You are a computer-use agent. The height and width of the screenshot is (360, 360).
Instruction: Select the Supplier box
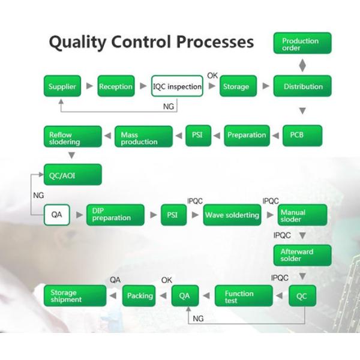click(x=62, y=86)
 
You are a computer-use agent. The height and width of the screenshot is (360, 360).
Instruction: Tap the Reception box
click(x=115, y=86)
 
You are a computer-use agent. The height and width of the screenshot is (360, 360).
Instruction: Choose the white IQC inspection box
click(x=176, y=86)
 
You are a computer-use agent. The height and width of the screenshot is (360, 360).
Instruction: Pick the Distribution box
click(x=302, y=86)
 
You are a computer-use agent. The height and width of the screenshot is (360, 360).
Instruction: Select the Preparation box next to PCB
click(x=246, y=135)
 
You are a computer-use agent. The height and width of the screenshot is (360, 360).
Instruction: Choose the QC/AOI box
click(x=73, y=175)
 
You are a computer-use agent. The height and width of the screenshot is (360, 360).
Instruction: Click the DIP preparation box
click(x=115, y=215)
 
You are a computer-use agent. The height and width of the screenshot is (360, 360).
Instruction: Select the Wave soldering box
click(x=232, y=215)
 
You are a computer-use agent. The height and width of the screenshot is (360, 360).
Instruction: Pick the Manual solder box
click(x=302, y=215)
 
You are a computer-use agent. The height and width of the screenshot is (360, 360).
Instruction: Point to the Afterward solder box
click(x=302, y=255)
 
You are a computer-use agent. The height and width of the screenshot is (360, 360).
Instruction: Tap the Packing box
click(x=139, y=295)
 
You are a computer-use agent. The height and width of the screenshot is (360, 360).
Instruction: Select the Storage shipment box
click(x=74, y=296)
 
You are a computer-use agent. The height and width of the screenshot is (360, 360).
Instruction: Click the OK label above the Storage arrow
click(x=212, y=75)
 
